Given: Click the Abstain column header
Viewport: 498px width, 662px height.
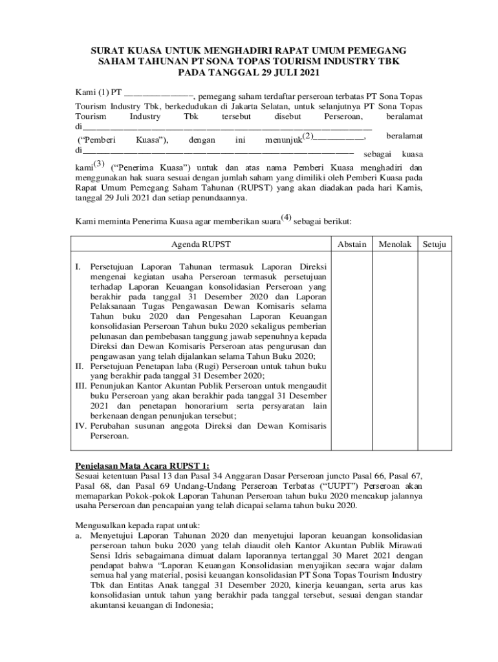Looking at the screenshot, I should [x=352, y=244].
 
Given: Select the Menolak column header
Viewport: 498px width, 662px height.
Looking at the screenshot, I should [x=395, y=244].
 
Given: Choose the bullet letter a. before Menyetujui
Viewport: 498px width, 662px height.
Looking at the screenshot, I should [x=79, y=535].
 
